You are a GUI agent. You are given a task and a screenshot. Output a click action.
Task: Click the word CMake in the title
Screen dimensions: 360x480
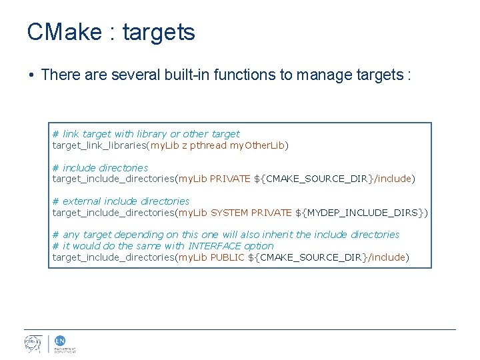[65, 32]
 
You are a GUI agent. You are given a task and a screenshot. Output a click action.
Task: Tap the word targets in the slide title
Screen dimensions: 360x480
[159, 33]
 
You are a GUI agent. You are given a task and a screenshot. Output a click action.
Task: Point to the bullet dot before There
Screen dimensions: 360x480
[31, 75]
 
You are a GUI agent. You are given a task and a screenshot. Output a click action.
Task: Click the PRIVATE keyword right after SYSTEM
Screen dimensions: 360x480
[271, 213]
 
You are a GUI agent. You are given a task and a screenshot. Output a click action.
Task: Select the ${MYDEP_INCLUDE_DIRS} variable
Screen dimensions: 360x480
[361, 213]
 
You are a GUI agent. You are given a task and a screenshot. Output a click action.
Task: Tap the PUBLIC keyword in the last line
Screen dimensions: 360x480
[227, 257]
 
